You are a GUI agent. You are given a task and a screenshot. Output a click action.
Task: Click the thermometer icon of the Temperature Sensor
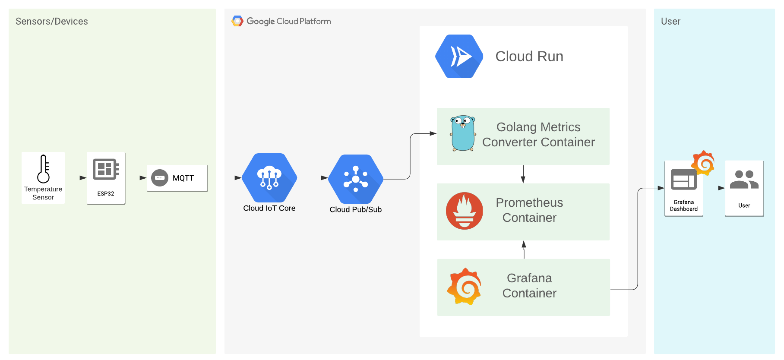pos(43,169)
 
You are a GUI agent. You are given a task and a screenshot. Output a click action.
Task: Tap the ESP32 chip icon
pos(105,169)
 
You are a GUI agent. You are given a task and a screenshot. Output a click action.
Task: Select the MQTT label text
pos(183,178)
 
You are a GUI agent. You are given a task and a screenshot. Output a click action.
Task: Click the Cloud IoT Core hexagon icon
pos(269,178)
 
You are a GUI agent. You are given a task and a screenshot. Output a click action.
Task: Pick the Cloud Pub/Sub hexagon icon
pos(356,179)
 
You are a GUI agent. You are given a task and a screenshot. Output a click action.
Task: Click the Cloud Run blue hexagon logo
pos(459,57)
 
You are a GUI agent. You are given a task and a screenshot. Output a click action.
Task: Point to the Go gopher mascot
pos(463,133)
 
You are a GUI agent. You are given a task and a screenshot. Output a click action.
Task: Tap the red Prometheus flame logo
pos(464,211)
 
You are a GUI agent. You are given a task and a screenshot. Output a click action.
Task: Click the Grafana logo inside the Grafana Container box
pos(464,286)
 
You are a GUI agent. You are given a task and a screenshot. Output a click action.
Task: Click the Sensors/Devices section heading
pos(52,21)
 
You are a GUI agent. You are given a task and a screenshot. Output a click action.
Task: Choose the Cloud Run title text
pos(529,57)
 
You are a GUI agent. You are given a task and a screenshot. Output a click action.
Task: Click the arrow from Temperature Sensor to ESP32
pos(76,178)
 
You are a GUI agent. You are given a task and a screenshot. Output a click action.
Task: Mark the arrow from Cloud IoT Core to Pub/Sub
pos(312,178)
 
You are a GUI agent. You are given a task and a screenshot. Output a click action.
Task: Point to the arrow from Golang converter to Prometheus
pos(523,174)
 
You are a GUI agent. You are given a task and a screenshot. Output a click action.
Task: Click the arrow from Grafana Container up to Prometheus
pos(524,249)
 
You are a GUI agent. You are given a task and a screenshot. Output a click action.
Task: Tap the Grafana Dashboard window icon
pos(683,180)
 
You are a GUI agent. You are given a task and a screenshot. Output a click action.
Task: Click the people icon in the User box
pos(744,180)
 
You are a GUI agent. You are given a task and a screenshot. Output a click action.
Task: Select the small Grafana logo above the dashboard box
pos(703,163)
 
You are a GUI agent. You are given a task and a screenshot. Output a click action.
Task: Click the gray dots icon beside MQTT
pos(160,178)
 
